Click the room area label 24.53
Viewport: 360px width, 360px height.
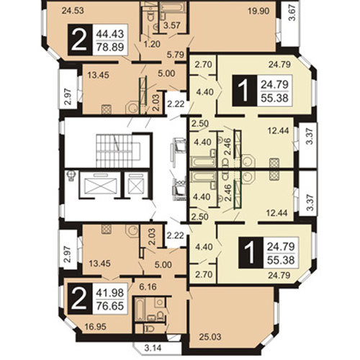pyautogui.click(x=73, y=11)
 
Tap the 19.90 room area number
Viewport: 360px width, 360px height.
pyautogui.click(x=258, y=11)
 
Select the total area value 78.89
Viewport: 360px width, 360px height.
pyautogui.click(x=110, y=48)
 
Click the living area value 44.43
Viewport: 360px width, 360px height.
pyautogui.click(x=110, y=34)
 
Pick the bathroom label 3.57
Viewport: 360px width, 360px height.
pyautogui.click(x=172, y=25)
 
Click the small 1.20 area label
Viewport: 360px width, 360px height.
pyautogui.click(x=152, y=44)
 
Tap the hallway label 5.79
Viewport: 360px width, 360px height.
pyautogui.click(x=176, y=55)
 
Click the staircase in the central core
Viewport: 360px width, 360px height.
pyautogui.click(x=114, y=150)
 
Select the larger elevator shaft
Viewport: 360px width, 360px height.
pyautogui.click(x=100, y=184)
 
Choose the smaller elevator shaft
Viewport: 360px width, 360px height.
pyautogui.click(x=136, y=184)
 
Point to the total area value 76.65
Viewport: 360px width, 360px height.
pyautogui.click(x=110, y=306)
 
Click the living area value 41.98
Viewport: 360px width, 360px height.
pyautogui.click(x=110, y=293)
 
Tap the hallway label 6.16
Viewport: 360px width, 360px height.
pyautogui.click(x=148, y=287)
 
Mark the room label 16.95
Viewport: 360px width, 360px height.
pyautogui.click(x=96, y=326)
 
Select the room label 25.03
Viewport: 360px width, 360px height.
pyautogui.click(x=210, y=337)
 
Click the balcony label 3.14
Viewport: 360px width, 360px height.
pyautogui.click(x=153, y=348)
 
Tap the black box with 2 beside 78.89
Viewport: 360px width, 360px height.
pyautogui.click(x=80, y=40)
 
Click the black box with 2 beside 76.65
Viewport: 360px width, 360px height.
pyautogui.click(x=80, y=299)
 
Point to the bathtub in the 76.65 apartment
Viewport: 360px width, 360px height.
pyautogui.click(x=140, y=310)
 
